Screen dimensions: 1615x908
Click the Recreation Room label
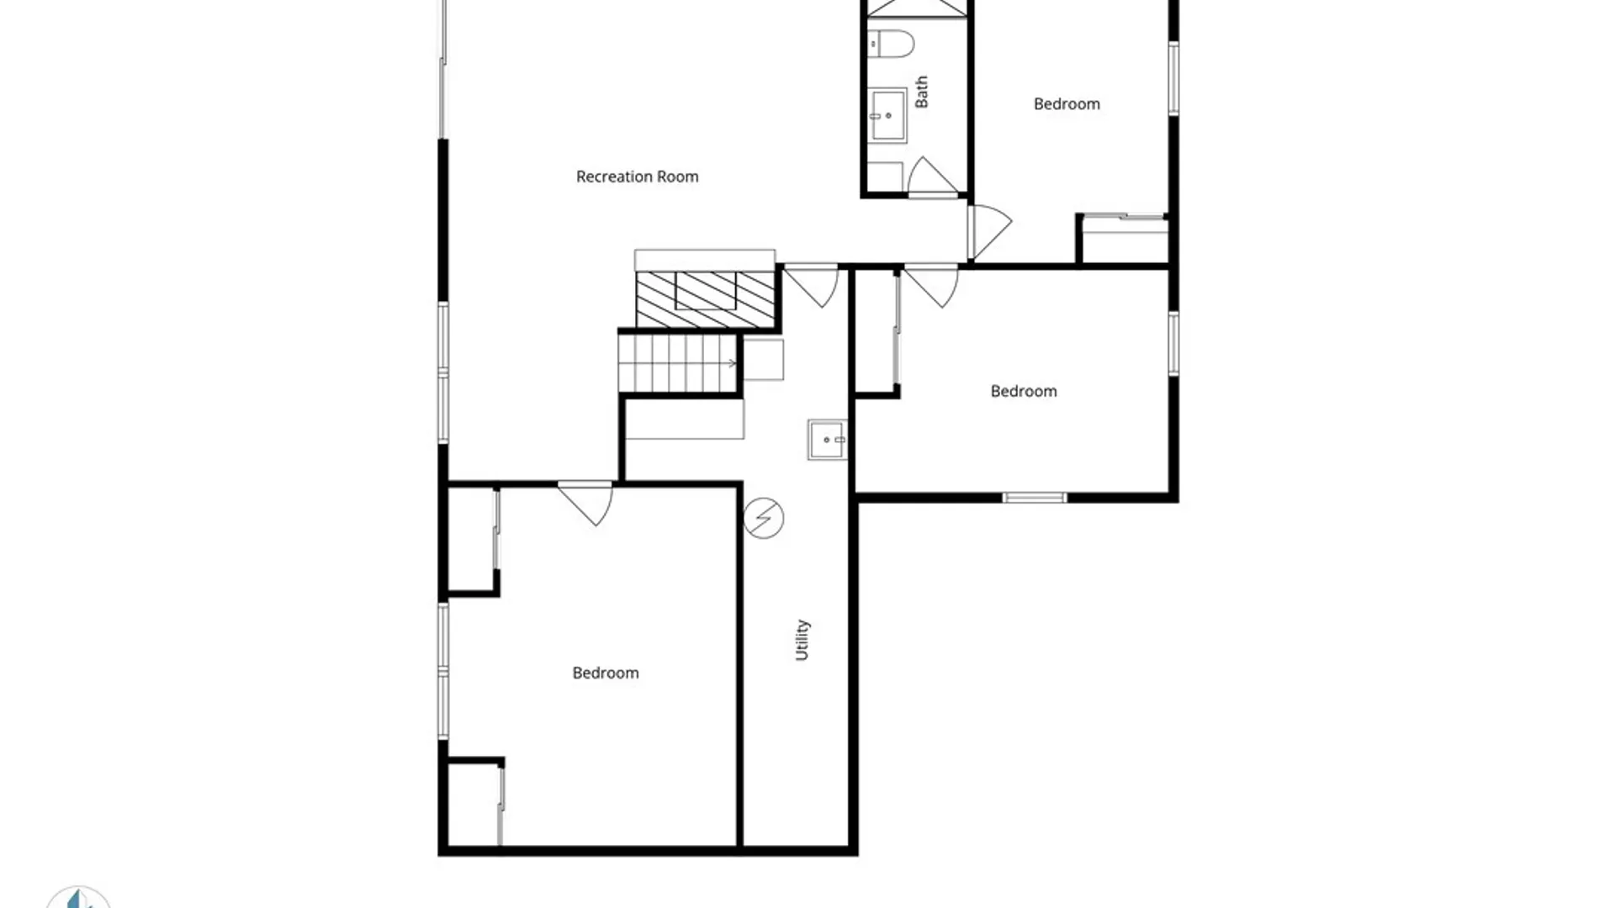(637, 177)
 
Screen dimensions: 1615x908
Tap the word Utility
(802, 640)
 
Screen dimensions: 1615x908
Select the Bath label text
(922, 92)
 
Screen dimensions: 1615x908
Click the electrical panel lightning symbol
(764, 518)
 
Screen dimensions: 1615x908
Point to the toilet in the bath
(892, 44)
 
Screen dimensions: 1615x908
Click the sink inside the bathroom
(888, 115)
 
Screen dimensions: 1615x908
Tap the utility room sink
(828, 440)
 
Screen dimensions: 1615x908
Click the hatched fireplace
(705, 299)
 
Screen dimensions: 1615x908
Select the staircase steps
(678, 363)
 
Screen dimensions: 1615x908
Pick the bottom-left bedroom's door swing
(586, 503)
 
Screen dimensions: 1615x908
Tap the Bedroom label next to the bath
(1067, 104)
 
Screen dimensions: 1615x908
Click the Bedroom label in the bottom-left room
(606, 673)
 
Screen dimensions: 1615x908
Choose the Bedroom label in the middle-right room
(1024, 391)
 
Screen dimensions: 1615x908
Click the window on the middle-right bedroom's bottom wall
(1035, 498)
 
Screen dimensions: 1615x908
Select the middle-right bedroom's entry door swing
(931, 286)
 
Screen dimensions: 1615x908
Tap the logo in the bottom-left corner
(78, 897)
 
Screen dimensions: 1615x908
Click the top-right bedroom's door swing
(989, 232)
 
